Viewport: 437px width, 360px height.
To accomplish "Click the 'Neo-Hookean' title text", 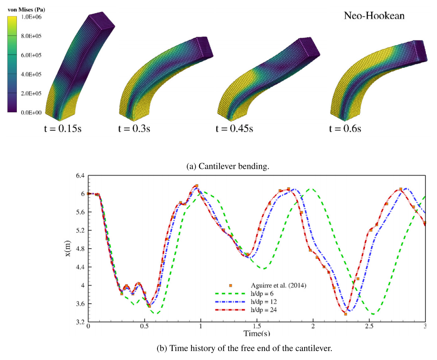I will pos(374,16).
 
